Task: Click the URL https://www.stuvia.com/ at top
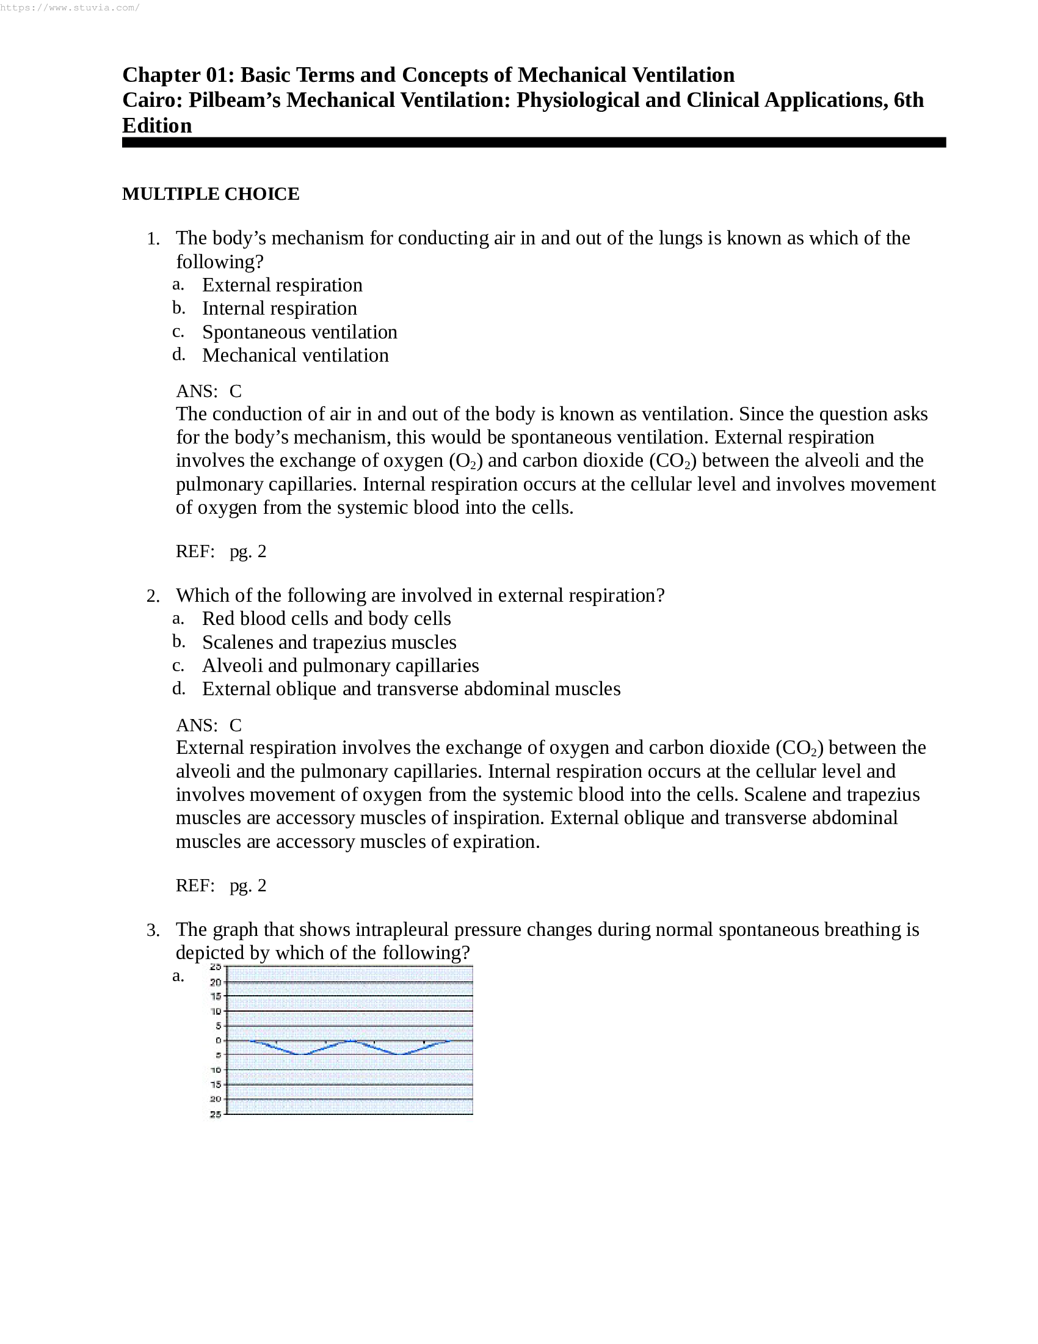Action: tap(70, 8)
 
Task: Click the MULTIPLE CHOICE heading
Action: tap(210, 194)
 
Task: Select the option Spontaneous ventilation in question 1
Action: tap(299, 332)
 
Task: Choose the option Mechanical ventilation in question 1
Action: tap(295, 355)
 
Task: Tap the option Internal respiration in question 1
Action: tap(279, 309)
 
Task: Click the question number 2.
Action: tap(153, 596)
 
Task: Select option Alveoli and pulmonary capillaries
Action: tap(340, 665)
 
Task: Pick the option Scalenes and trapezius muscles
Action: tap(329, 642)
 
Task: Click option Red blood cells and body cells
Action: tap(326, 618)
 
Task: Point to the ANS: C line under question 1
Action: tap(208, 391)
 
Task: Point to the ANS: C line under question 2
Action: tap(208, 725)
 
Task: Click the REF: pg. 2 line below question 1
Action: tap(221, 552)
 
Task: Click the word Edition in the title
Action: tap(157, 125)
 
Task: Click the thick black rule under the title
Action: tap(533, 142)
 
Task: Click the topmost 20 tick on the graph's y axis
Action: tap(216, 982)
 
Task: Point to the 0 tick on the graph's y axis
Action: tap(218, 1040)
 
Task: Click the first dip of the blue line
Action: tap(302, 1054)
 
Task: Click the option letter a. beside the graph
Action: tap(178, 976)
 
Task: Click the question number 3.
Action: tap(153, 930)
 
